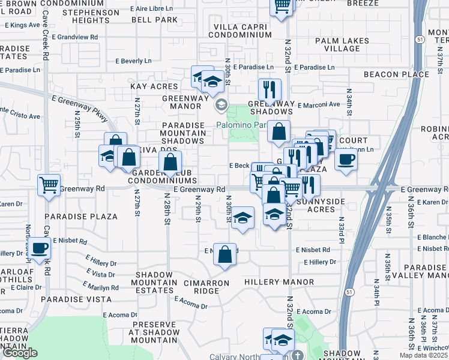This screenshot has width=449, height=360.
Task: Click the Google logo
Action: [20, 353]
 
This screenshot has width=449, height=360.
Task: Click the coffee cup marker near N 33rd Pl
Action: [346, 160]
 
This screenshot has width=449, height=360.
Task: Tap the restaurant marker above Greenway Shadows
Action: [270, 89]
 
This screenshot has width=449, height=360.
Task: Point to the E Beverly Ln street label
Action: [133, 61]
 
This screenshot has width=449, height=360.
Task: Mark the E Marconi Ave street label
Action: [317, 104]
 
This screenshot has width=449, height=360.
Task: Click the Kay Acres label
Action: [154, 86]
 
